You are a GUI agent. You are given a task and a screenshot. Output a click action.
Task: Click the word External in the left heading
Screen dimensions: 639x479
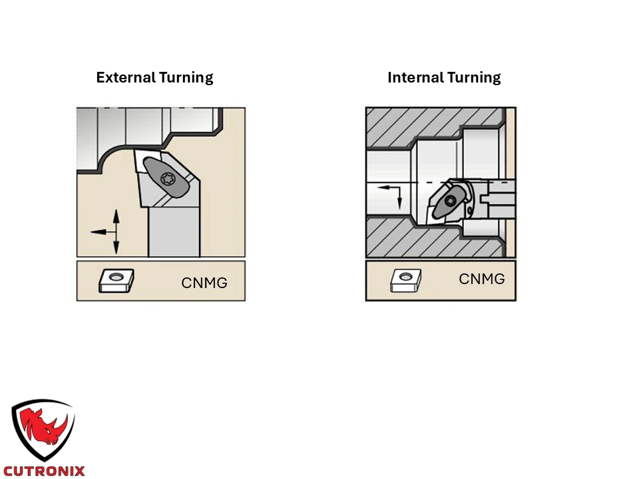coord(126,77)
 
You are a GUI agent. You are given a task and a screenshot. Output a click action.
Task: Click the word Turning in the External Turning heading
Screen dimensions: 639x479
coord(186,78)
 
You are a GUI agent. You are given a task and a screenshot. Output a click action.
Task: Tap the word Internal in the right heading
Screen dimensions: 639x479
coord(415,77)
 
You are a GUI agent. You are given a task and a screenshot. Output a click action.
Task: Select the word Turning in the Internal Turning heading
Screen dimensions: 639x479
coord(474,78)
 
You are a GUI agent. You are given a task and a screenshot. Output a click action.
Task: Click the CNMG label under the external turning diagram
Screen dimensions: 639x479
coord(204,283)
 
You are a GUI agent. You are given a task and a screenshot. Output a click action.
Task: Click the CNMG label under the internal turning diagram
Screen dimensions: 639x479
coord(482,279)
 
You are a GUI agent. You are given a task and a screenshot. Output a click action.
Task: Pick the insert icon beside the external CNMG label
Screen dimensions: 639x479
coord(116,280)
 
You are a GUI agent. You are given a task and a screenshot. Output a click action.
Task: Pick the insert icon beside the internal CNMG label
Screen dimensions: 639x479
coord(406,280)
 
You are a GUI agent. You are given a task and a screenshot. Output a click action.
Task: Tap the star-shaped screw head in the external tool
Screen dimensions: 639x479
coord(168,179)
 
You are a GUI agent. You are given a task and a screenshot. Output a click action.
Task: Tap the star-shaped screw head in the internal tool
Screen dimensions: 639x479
coord(451,201)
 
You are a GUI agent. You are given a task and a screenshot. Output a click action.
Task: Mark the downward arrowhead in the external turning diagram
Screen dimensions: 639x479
coord(116,247)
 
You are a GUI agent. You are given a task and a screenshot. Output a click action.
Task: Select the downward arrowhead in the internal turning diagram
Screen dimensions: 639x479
coord(400,204)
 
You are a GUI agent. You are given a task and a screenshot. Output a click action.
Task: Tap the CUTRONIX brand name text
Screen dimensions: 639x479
coord(44,471)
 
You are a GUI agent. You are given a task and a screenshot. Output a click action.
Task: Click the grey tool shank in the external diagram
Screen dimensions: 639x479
coord(174,232)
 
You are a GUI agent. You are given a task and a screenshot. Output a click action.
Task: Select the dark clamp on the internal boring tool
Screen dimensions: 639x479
coord(448,202)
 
